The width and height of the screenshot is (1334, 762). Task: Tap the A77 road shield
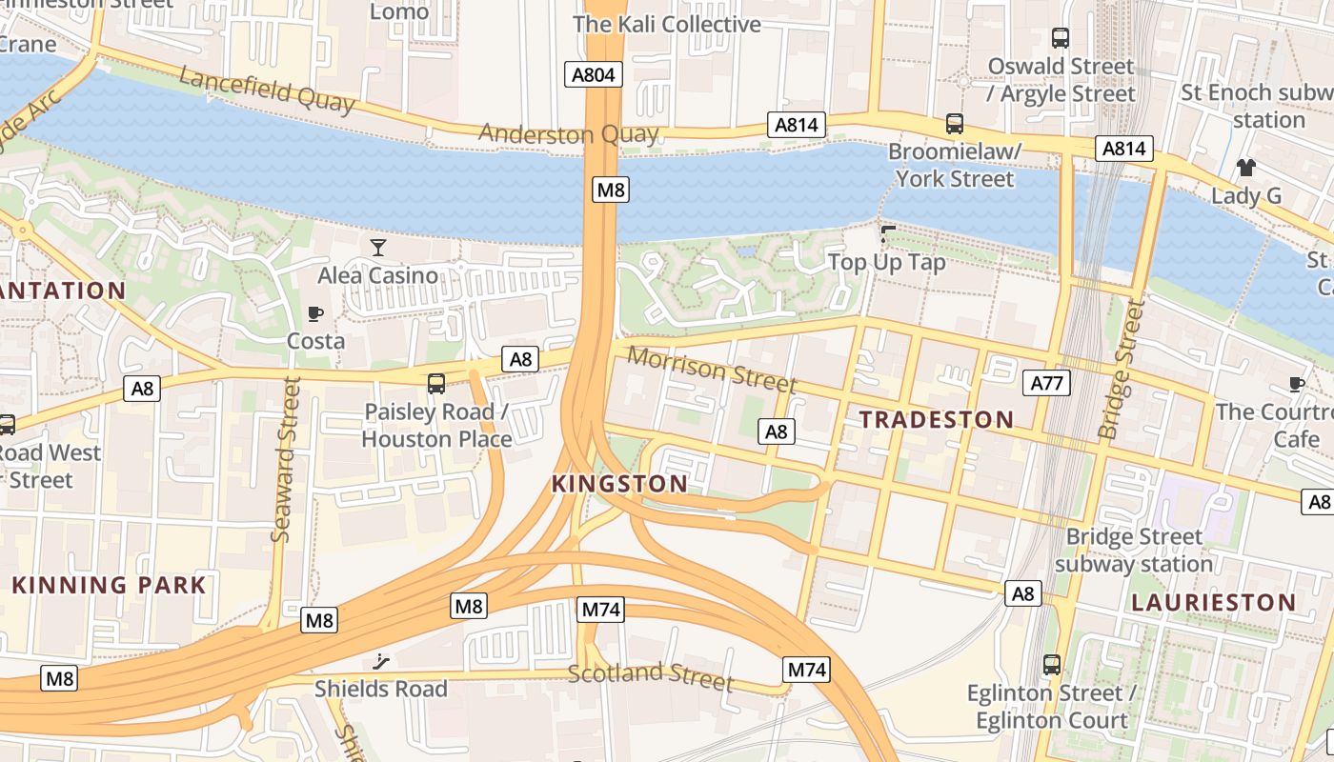click(x=1046, y=384)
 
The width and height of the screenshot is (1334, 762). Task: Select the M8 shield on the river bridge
click(x=610, y=190)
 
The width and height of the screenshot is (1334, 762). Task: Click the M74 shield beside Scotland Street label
click(x=807, y=670)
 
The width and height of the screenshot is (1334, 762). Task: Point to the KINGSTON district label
click(x=619, y=484)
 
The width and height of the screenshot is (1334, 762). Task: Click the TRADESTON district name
click(x=936, y=419)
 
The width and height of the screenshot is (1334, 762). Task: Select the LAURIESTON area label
click(x=1213, y=602)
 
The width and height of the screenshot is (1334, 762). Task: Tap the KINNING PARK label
click(x=109, y=585)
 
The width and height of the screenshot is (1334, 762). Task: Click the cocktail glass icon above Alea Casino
click(x=378, y=248)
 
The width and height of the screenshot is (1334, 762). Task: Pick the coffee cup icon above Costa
click(x=315, y=313)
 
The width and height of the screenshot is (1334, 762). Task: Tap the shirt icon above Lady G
click(x=1245, y=168)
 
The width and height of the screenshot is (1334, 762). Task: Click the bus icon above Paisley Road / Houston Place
click(x=436, y=384)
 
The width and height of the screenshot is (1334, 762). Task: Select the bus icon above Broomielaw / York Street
click(x=954, y=124)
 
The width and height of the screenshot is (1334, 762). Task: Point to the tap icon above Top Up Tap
click(x=888, y=233)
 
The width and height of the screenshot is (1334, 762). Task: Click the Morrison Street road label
click(x=712, y=370)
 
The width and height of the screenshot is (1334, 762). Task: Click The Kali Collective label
click(x=667, y=24)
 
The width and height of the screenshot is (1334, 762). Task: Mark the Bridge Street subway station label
click(x=1134, y=550)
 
